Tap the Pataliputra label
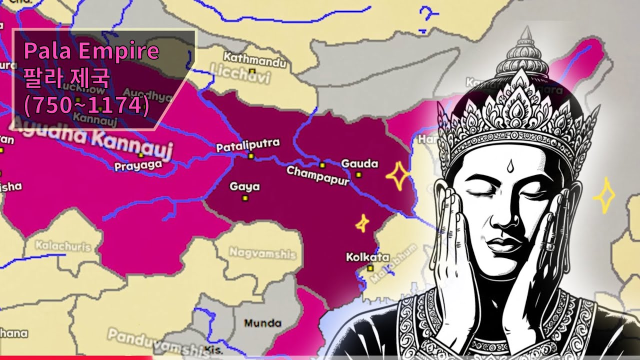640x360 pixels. (247, 145)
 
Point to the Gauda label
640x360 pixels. (359, 163)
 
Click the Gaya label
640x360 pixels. (244, 187)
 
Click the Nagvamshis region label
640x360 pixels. (262, 253)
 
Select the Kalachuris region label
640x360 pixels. (63, 246)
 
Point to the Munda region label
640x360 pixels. (262, 323)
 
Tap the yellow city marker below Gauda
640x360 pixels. (358, 174)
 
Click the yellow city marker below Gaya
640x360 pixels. (245, 198)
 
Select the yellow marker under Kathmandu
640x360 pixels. (252, 71)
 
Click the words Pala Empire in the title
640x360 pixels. (91, 51)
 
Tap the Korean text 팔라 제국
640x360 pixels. (66, 77)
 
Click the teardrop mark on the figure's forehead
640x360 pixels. (509, 166)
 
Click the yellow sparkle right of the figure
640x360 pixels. (603, 196)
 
